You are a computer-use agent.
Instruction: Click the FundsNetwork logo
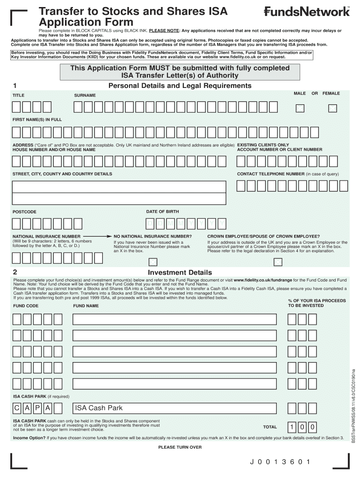pos(307,12)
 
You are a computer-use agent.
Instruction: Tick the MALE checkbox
pos(300,109)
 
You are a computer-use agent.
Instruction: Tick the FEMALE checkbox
pos(332,109)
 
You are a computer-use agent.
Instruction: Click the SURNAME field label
pos(85,95)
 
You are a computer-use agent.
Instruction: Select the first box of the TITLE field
pos(16,108)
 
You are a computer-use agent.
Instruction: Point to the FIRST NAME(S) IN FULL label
pos(37,120)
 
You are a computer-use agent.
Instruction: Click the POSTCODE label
pos(24,212)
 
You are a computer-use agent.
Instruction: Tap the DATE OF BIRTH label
pos(162,212)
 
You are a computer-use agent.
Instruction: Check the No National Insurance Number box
pos(152,261)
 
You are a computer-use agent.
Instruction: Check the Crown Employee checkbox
pos(278,261)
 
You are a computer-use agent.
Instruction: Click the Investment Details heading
pos(180,272)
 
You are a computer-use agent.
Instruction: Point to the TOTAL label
pos(270,427)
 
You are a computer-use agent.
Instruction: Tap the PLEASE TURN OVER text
pos(180,447)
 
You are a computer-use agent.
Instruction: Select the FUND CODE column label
pos(26,306)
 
